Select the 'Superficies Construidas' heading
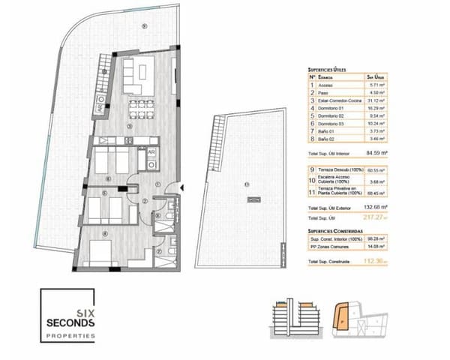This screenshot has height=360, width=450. click(335, 231)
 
